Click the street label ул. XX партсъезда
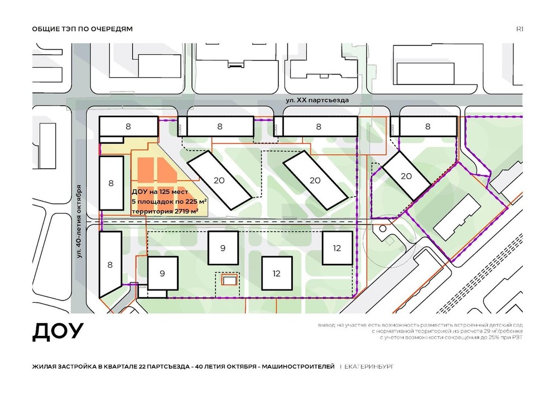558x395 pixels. [317, 100]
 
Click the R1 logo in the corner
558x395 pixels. [519, 29]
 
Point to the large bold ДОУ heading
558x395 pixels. [57, 332]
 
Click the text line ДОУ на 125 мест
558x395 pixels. [160, 192]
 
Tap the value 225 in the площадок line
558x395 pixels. [191, 201]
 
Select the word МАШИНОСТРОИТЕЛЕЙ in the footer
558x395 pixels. [298, 367]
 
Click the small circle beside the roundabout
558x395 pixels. [383, 229]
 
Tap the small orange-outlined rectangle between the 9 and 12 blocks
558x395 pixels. [228, 280]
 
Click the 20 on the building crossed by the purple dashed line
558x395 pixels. [406, 176]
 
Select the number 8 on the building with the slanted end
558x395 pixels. [110, 265]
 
